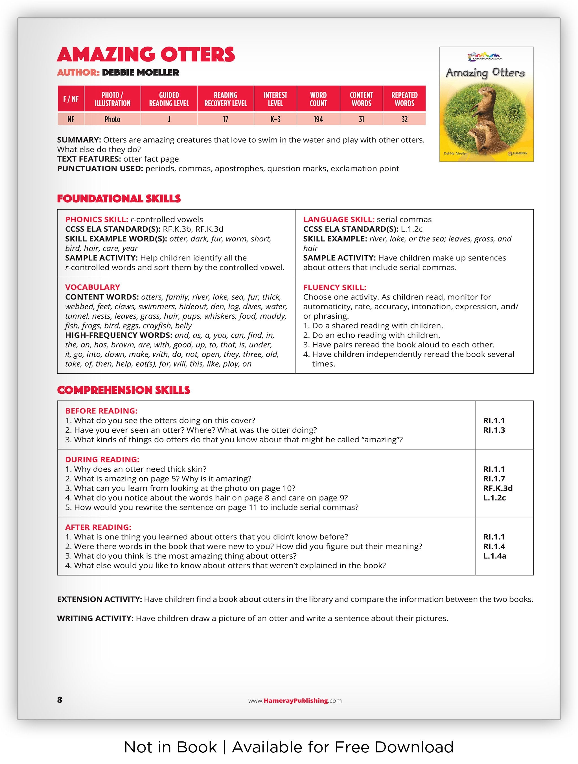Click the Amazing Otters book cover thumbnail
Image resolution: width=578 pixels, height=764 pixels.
(486, 104)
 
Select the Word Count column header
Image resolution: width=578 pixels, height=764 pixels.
(318, 99)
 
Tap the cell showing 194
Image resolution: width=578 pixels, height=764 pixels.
(318, 119)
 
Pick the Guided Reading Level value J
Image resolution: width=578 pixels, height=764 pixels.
(169, 119)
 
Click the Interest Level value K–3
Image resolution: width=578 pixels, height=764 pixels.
(275, 119)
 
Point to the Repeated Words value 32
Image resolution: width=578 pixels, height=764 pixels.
(404, 119)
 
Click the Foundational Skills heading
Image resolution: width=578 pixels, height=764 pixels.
(119, 199)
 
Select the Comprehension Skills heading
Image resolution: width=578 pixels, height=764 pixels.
(123, 390)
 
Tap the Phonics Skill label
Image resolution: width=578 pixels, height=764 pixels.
(97, 219)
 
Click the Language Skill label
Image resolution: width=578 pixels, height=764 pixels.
(338, 219)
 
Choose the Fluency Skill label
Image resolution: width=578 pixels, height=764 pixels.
(334, 287)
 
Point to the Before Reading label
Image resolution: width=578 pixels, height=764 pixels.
(101, 411)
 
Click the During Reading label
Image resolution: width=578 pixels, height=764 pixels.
(102, 459)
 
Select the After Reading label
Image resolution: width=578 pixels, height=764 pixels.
(98, 527)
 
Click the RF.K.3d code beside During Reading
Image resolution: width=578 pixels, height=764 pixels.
(498, 488)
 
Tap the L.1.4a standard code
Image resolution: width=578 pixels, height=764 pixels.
(494, 556)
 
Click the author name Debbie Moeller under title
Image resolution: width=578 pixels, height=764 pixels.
(141, 73)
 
